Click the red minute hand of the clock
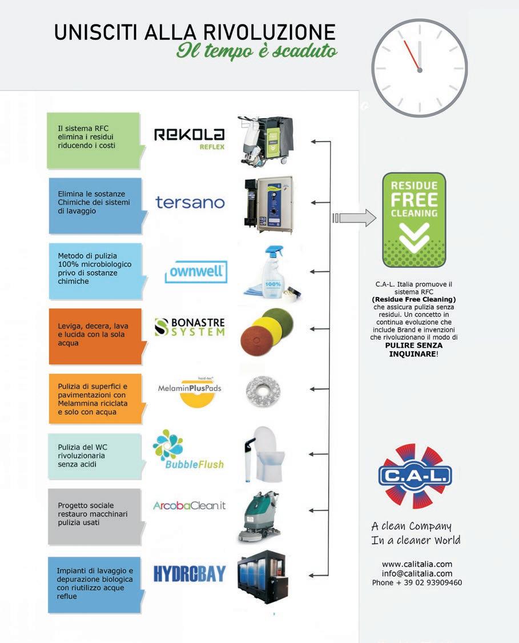coord(411,54)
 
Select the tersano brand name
coord(190,202)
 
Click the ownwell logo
coord(196,272)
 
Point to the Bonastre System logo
coord(190,328)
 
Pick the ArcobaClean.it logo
coord(189,506)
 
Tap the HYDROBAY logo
coord(190,573)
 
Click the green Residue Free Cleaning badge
coord(414,220)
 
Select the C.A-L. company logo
coord(415,476)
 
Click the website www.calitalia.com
coord(417,564)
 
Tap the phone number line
coord(417,583)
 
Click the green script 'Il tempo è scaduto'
coord(257,50)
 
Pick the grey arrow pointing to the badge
coord(355,218)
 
